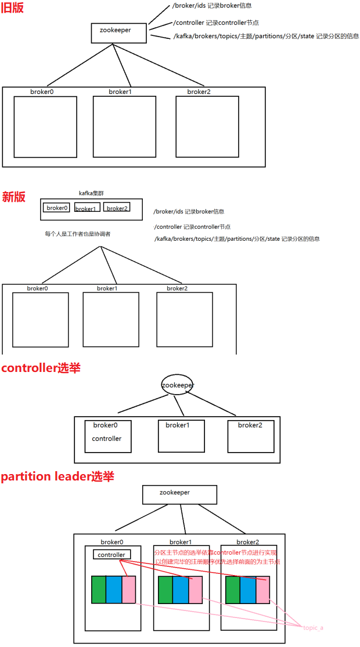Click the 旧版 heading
[x=13, y=8]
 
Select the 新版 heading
[x=13, y=197]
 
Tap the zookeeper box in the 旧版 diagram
[x=119, y=32]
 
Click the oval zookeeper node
[x=177, y=385]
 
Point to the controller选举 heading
[x=41, y=368]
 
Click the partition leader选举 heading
[x=57, y=476]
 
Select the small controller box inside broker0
[x=111, y=555]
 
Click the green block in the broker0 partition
[x=99, y=590]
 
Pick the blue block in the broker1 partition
[x=181, y=590]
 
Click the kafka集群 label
[x=92, y=193]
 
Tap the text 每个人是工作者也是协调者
[x=78, y=234]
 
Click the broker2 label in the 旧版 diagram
[x=199, y=92]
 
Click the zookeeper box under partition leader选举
[x=179, y=494]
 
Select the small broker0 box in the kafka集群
[x=57, y=208]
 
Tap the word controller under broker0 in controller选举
[x=107, y=439]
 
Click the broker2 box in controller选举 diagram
[x=250, y=436]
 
